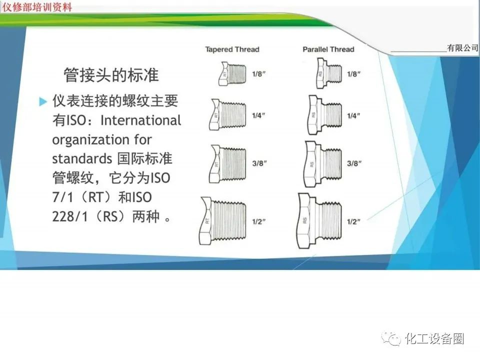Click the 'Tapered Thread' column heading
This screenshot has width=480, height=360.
click(x=232, y=49)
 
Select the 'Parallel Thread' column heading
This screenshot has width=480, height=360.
click(x=328, y=49)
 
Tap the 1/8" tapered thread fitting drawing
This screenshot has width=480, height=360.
click(x=232, y=74)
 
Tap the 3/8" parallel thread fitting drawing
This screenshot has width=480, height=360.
click(x=323, y=163)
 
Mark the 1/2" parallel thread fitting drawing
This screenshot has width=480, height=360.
click(x=320, y=220)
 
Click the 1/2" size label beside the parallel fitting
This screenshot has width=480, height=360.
click(x=353, y=221)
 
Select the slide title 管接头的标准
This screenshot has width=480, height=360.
click(x=111, y=75)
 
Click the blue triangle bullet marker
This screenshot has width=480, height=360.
click(x=43, y=102)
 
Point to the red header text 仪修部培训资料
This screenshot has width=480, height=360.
click(x=37, y=7)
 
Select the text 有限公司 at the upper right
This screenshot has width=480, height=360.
click(x=462, y=48)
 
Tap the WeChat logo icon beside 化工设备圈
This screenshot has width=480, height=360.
click(x=391, y=338)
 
